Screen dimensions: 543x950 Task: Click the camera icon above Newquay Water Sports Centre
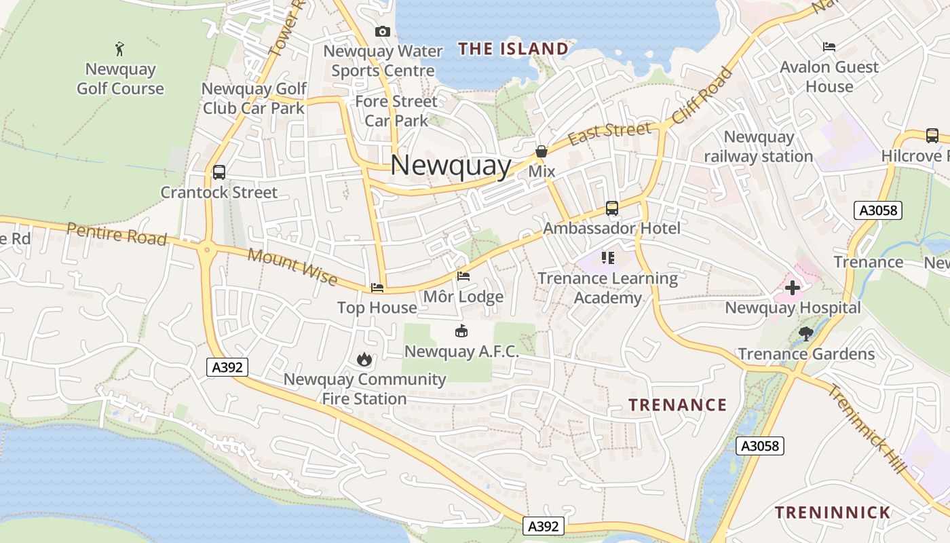[x=383, y=31]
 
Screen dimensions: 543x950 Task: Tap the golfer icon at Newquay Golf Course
[x=120, y=49]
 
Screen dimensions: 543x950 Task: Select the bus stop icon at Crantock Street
[x=218, y=172]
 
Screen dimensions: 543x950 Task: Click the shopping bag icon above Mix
[x=541, y=151]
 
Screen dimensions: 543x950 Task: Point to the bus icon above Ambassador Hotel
[x=612, y=208]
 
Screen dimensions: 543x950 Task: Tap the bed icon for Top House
[x=377, y=288]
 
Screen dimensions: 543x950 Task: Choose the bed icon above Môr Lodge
[x=463, y=276]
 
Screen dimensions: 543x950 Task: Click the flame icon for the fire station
[x=364, y=359]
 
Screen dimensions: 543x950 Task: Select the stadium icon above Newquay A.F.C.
[x=461, y=331]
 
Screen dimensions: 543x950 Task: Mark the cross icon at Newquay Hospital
[x=793, y=288]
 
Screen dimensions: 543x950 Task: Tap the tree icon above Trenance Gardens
[x=806, y=333]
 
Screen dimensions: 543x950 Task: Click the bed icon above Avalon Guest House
[x=829, y=47]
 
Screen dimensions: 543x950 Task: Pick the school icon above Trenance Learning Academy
[x=607, y=258]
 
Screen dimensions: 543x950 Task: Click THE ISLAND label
[x=512, y=49]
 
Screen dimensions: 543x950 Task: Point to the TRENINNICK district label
[x=833, y=512]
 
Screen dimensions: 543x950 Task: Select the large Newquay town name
[x=451, y=166]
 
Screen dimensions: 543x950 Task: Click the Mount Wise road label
[x=292, y=266]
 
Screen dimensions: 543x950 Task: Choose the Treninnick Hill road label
[x=867, y=429]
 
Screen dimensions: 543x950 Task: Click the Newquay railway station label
[x=759, y=147]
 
